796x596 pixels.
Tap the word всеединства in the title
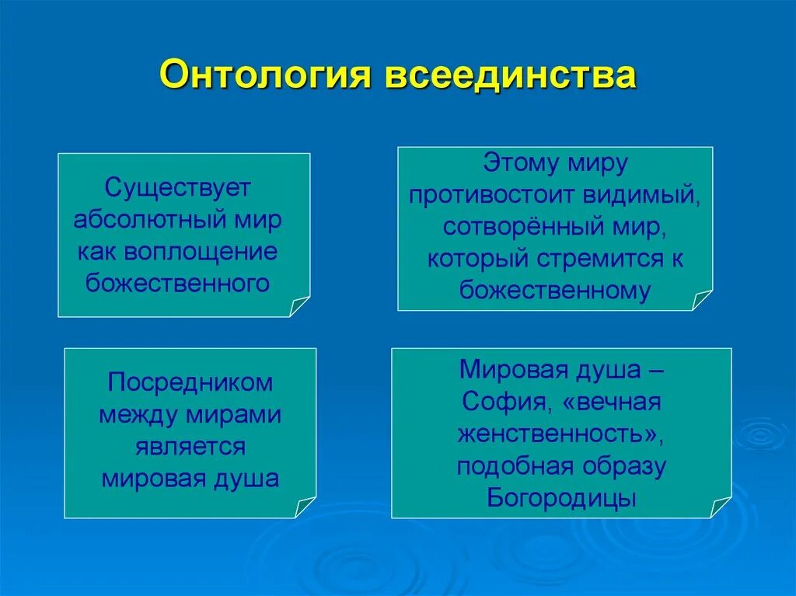[510, 74]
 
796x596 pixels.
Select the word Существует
[178, 188]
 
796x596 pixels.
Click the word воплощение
[201, 252]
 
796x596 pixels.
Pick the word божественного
[178, 284]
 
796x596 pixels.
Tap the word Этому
[518, 163]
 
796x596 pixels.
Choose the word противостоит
[492, 196]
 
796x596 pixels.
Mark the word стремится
[600, 259]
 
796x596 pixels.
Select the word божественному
[555, 291]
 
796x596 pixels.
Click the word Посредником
[190, 383]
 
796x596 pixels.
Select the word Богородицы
[561, 499]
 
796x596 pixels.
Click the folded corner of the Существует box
[299, 306]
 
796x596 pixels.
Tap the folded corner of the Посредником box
[305, 507]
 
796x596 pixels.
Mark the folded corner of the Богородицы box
[721, 507]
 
